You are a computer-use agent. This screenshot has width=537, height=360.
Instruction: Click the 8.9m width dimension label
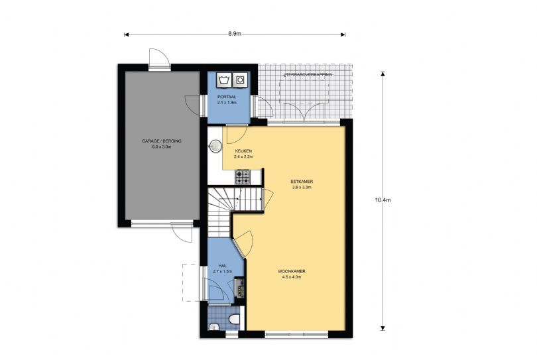235,34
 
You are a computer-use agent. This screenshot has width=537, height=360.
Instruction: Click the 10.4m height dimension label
383,200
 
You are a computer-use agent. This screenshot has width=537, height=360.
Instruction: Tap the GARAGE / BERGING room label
162,141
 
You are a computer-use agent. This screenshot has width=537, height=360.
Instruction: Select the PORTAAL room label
227,97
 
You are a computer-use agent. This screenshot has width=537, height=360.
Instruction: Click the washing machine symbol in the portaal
224,80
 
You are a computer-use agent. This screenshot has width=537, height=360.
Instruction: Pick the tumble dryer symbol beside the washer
240,80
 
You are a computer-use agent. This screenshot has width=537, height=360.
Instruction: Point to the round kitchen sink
215,146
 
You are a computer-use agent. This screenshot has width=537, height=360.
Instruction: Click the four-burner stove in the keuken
243,177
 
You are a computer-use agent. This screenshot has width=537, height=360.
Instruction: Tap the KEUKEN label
243,151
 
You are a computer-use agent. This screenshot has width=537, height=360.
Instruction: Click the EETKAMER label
302,182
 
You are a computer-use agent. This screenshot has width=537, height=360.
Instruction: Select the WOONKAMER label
292,271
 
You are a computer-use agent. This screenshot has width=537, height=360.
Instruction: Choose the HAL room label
223,265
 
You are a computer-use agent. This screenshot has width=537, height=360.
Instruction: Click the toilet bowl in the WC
234,319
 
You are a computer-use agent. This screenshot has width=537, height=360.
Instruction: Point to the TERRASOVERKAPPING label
307,74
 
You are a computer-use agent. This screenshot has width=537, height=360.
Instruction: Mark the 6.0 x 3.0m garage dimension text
162,147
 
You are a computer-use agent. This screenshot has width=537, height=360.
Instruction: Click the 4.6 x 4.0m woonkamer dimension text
292,277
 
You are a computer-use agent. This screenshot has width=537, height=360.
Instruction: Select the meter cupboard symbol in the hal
239,287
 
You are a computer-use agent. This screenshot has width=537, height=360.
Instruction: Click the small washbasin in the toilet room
213,327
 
